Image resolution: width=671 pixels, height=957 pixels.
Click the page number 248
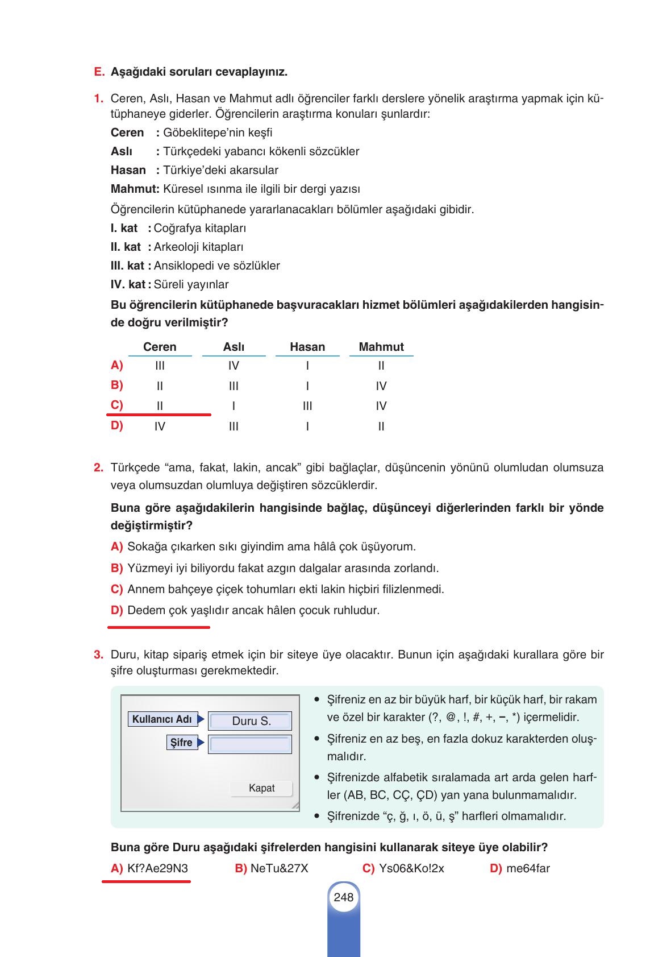pos(343,897)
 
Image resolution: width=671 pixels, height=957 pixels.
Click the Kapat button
pos(261,788)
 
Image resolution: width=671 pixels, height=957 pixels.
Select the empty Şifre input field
pos(249,744)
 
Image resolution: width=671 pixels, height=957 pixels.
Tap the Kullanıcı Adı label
pos(162,719)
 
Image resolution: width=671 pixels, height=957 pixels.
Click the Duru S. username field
pos(251,721)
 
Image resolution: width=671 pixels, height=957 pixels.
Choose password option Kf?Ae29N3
pos(150,868)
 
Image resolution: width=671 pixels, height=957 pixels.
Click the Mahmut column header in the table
pos(381,347)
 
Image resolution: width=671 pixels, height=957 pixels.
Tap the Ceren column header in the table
pos(160,347)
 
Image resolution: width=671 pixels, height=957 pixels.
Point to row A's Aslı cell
pos(234,366)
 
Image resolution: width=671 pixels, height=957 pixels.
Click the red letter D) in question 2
pos(116,610)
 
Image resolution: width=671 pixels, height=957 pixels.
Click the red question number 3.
pos(98,654)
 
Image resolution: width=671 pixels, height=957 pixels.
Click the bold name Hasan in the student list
pos(128,170)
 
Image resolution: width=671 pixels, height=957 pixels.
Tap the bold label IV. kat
pos(128,284)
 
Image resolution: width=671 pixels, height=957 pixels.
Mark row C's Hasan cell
pos(307,406)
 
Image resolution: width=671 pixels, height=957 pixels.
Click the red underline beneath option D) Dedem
pos(159,627)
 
